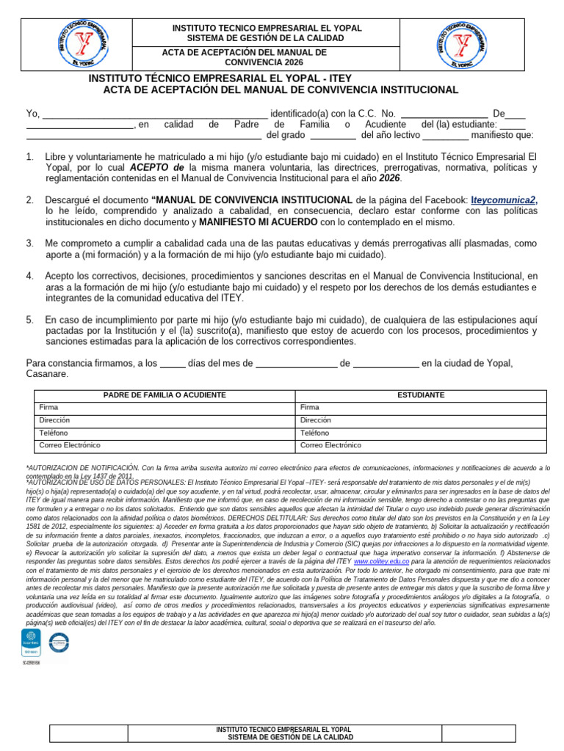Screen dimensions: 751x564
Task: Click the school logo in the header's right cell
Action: [462, 44]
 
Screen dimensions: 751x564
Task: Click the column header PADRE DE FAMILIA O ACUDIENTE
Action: [164, 395]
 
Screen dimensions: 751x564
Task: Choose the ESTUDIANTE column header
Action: [421, 395]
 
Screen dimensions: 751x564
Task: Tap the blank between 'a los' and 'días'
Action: [173, 364]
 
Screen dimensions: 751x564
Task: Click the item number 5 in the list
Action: [29, 320]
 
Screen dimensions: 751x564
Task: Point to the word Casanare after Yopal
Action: [46, 374]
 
